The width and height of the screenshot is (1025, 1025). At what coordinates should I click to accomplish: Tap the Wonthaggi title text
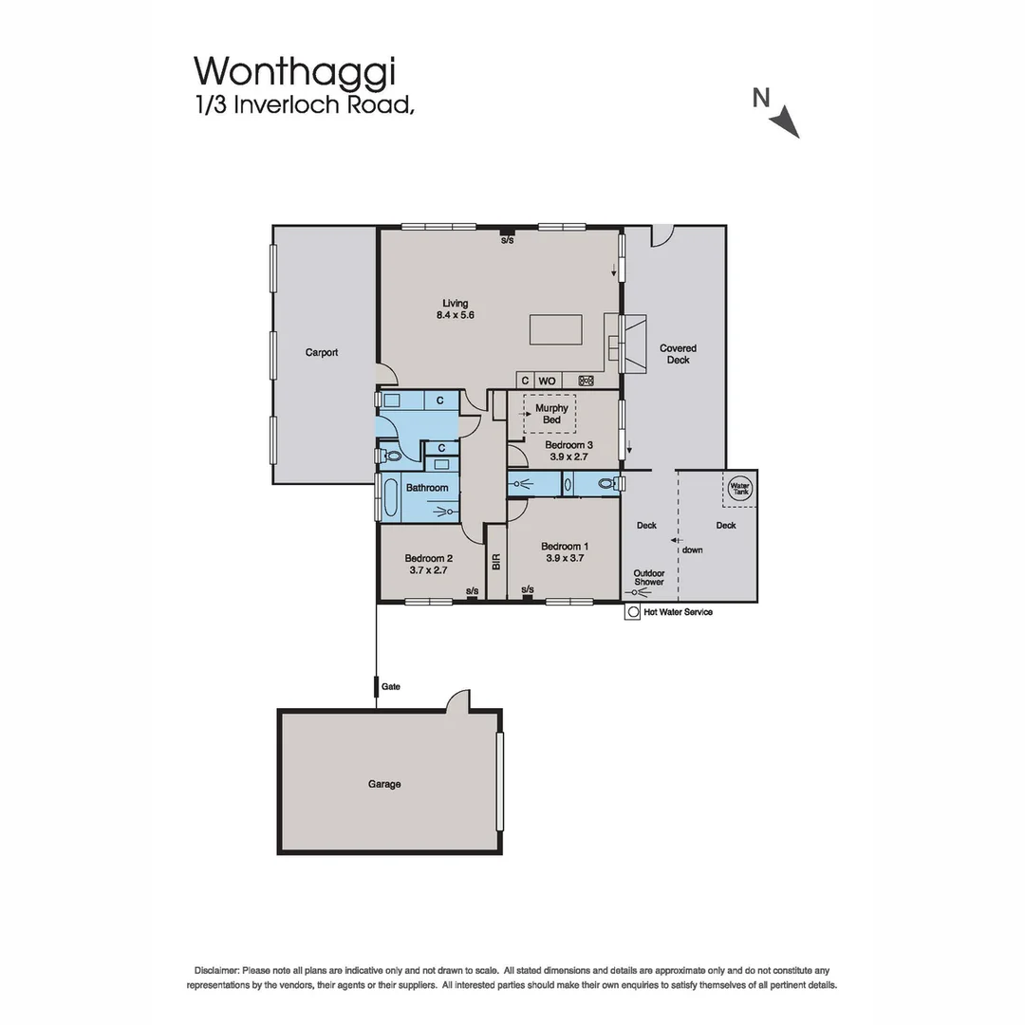pyautogui.click(x=294, y=70)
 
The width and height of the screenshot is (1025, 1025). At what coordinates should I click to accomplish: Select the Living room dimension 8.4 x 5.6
pyautogui.click(x=455, y=316)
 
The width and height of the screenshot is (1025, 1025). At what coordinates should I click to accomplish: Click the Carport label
pyautogui.click(x=322, y=352)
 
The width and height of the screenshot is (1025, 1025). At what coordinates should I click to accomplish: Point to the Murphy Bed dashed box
pyautogui.click(x=550, y=414)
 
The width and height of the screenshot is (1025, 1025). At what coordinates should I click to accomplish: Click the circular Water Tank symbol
pyautogui.click(x=739, y=488)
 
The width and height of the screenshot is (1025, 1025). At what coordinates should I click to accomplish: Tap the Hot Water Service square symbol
pyautogui.click(x=632, y=612)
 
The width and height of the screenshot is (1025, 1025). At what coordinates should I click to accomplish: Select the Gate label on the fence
pyautogui.click(x=390, y=686)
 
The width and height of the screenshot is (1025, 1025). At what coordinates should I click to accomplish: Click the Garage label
pyautogui.click(x=384, y=784)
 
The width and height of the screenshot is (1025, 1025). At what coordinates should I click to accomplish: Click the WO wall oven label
pyautogui.click(x=548, y=381)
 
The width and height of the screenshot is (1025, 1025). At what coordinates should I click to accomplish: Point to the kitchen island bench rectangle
pyautogui.click(x=556, y=330)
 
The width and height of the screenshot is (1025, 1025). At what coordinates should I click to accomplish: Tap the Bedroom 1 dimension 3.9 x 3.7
pyautogui.click(x=565, y=559)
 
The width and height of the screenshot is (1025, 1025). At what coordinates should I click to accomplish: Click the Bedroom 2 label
pyautogui.click(x=428, y=558)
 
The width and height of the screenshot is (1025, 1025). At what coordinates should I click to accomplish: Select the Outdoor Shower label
pyautogui.click(x=649, y=577)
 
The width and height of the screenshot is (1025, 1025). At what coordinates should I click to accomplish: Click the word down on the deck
pyautogui.click(x=693, y=550)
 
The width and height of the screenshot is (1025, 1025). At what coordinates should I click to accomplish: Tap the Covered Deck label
pyautogui.click(x=678, y=354)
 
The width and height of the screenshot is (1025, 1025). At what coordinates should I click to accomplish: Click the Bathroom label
pyautogui.click(x=427, y=488)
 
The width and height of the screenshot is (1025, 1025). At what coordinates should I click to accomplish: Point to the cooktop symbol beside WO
pyautogui.click(x=586, y=381)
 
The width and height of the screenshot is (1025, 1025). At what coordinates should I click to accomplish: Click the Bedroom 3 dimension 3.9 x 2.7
pyautogui.click(x=568, y=457)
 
